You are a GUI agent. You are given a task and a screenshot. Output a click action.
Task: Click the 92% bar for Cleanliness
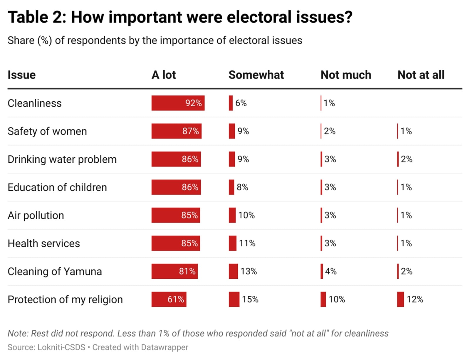[178, 103]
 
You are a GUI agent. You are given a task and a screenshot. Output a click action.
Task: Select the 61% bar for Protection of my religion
[169, 299]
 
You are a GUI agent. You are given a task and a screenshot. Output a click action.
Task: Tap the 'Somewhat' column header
[256, 75]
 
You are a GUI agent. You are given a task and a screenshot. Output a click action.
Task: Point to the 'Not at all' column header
[421, 75]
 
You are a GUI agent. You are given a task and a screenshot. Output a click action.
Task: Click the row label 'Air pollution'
[36, 215]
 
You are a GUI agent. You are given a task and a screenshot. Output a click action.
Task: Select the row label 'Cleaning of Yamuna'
[55, 271]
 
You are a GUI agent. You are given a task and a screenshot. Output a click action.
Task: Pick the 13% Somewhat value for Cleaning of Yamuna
[249, 271]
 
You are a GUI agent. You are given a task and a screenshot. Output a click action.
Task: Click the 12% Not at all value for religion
[415, 299]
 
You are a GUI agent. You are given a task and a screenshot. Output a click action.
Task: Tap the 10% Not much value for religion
[337, 299]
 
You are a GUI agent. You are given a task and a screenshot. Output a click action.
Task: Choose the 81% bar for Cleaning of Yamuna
[174, 271]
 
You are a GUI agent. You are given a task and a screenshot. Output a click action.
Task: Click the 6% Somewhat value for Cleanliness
[241, 103]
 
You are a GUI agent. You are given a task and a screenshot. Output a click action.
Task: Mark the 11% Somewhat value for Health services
[247, 243]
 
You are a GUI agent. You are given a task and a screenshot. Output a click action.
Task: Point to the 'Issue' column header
[21, 75]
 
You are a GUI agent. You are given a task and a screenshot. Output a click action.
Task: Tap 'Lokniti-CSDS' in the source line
[61, 347]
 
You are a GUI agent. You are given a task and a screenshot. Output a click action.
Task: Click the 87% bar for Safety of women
[176, 131]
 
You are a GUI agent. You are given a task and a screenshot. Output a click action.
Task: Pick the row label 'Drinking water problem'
[62, 159]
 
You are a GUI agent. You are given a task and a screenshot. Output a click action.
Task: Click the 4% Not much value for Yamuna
[331, 271]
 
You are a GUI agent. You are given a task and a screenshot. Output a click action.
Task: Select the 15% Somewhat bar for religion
[234, 299]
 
